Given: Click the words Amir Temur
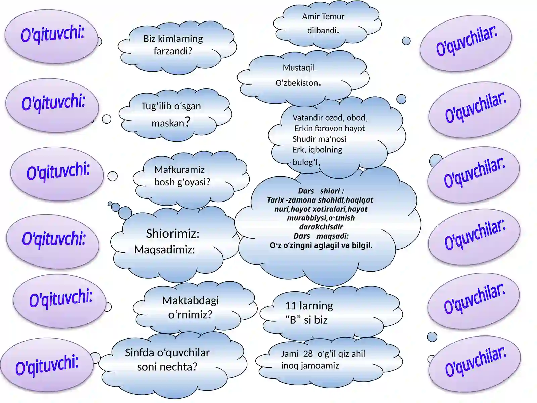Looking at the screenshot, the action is [x=323, y=17].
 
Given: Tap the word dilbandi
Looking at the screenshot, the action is [x=323, y=30].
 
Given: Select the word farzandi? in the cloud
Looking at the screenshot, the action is [x=173, y=51].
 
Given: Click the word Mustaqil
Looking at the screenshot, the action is [x=298, y=68].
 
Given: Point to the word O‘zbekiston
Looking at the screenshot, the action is [x=298, y=83].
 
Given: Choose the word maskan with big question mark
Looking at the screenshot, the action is [x=171, y=122].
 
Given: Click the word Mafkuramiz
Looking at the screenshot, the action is [x=179, y=170].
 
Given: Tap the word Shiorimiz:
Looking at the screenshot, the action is [x=173, y=234].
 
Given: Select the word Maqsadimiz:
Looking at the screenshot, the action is [x=164, y=250].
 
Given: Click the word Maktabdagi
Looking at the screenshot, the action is [x=190, y=301].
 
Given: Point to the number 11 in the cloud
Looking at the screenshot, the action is [x=291, y=306].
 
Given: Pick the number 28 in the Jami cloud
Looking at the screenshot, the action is [x=308, y=354].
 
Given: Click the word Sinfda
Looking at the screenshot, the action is [x=139, y=353].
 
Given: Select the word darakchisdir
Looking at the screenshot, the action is [x=321, y=227].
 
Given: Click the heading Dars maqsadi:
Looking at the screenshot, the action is [x=321, y=236].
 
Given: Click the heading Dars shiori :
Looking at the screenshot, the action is [x=321, y=191].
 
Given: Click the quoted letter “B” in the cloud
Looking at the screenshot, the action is [x=293, y=320].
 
